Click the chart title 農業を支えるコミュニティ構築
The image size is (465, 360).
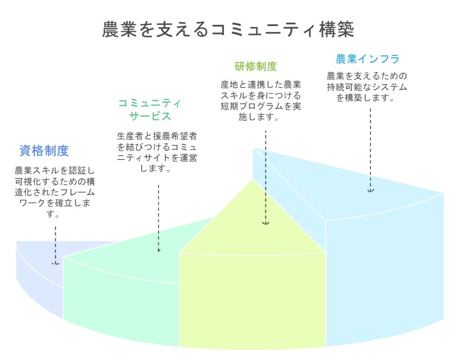[x=228, y=29]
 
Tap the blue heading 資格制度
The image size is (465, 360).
[x=44, y=151]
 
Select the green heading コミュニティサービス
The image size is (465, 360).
[x=150, y=109]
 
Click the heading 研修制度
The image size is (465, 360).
[x=256, y=66]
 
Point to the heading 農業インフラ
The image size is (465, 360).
[x=368, y=59]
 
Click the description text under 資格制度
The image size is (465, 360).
[x=55, y=192]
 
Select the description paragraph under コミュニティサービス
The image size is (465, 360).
[x=157, y=152]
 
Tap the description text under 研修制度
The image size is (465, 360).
[x=261, y=101]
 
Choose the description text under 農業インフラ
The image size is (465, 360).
[x=367, y=87]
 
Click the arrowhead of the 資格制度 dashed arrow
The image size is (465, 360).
[x=55, y=263]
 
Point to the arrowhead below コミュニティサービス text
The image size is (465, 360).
[x=159, y=250]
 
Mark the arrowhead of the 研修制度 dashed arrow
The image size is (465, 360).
[x=266, y=223]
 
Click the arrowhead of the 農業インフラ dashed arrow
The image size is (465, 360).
[x=371, y=191]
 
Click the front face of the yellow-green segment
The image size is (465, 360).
[x=252, y=299]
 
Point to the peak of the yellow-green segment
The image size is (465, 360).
[x=253, y=179]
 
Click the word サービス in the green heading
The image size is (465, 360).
[x=150, y=116]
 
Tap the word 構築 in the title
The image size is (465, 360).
[x=337, y=29]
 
